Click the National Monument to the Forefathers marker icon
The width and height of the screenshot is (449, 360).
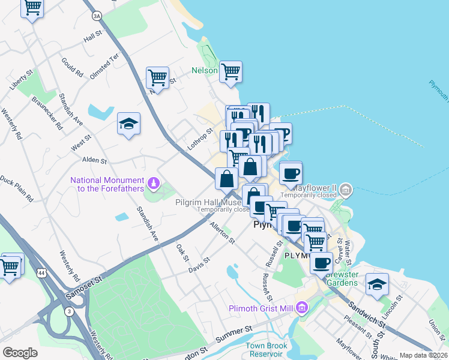[153, 182]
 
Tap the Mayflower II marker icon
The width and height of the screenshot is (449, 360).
[346, 190]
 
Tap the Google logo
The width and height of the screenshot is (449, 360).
[20, 353]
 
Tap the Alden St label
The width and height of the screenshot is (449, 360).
[95, 161]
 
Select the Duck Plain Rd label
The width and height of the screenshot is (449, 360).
[16, 188]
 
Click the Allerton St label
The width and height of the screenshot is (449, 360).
[222, 232]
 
